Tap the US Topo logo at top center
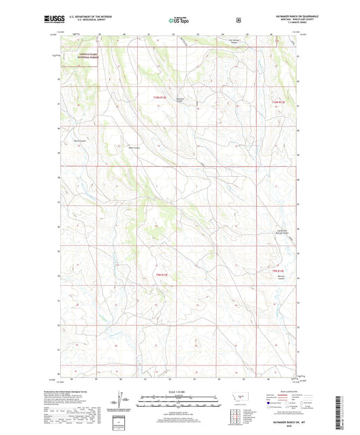click(x=179, y=20)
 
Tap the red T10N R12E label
click(x=159, y=97)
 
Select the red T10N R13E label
click(x=279, y=102)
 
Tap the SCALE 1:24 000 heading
click(x=179, y=395)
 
